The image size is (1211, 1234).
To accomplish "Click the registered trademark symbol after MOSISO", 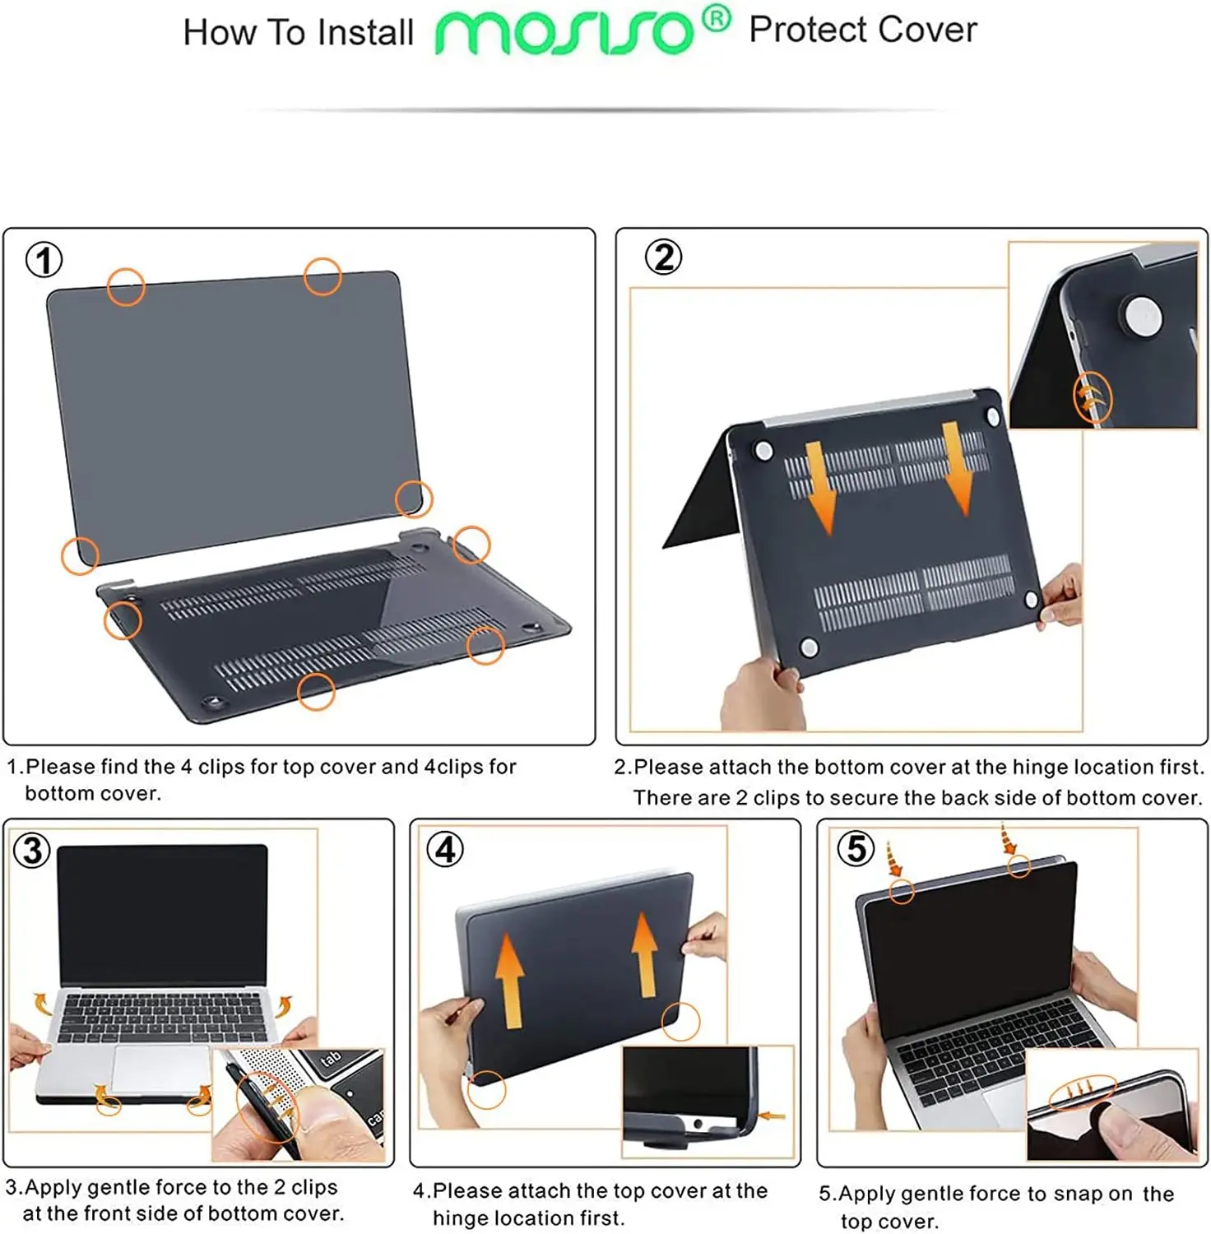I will tap(717, 18).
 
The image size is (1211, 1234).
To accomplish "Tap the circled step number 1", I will tap(44, 260).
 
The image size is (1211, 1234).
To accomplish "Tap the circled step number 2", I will tap(663, 257).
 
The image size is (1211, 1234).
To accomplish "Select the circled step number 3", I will tap(32, 850).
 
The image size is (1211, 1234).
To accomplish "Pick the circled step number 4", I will tap(445, 849).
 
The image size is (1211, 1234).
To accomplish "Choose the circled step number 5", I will tap(856, 848).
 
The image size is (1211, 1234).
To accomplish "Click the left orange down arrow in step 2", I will tap(819, 486).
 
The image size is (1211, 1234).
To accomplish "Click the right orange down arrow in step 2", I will tap(957, 467).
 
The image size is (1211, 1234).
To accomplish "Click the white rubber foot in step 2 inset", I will tap(1142, 317).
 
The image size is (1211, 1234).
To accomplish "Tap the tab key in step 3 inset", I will tap(331, 1060).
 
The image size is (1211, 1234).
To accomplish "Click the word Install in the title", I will tap(365, 33).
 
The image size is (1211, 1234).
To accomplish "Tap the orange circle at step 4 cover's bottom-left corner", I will tap(487, 1090).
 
